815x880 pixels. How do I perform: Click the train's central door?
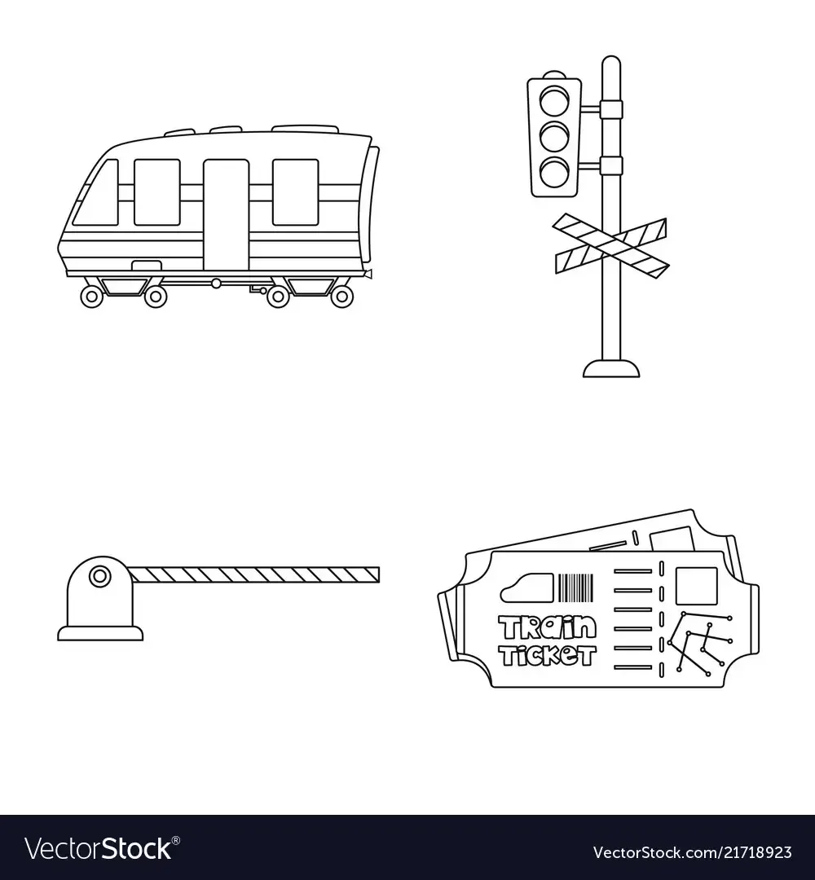pyautogui.click(x=226, y=215)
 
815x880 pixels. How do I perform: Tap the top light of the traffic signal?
pyautogui.click(x=554, y=100)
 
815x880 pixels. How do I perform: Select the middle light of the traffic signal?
pyautogui.click(x=554, y=136)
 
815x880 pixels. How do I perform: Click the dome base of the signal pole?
pyautogui.click(x=611, y=369)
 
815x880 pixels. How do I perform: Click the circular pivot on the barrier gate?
pyautogui.click(x=100, y=576)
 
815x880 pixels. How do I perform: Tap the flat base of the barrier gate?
pyautogui.click(x=100, y=634)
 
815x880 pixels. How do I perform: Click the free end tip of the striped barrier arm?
pyautogui.click(x=379, y=574)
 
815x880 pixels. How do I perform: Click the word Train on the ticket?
pyautogui.click(x=548, y=628)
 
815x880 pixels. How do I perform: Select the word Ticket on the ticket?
pyautogui.click(x=547, y=654)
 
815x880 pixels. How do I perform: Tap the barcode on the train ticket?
pyautogui.click(x=575, y=587)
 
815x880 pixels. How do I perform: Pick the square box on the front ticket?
pyautogui.click(x=697, y=586)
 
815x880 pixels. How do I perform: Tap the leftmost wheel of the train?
pyautogui.click(x=92, y=297)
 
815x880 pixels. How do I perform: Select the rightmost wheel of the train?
pyautogui.click(x=341, y=297)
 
